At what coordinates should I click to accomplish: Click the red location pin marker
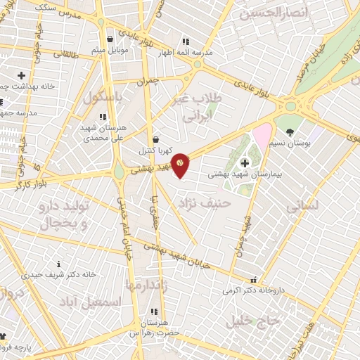pos(180,164)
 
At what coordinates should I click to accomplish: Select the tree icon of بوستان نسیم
pos(290,131)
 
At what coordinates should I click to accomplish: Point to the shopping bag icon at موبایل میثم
pos(110,40)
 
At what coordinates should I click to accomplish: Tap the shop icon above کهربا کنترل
pos(155,140)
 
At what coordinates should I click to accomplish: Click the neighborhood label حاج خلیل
pos(254,321)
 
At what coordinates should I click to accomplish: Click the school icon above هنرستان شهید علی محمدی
pos(103,117)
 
